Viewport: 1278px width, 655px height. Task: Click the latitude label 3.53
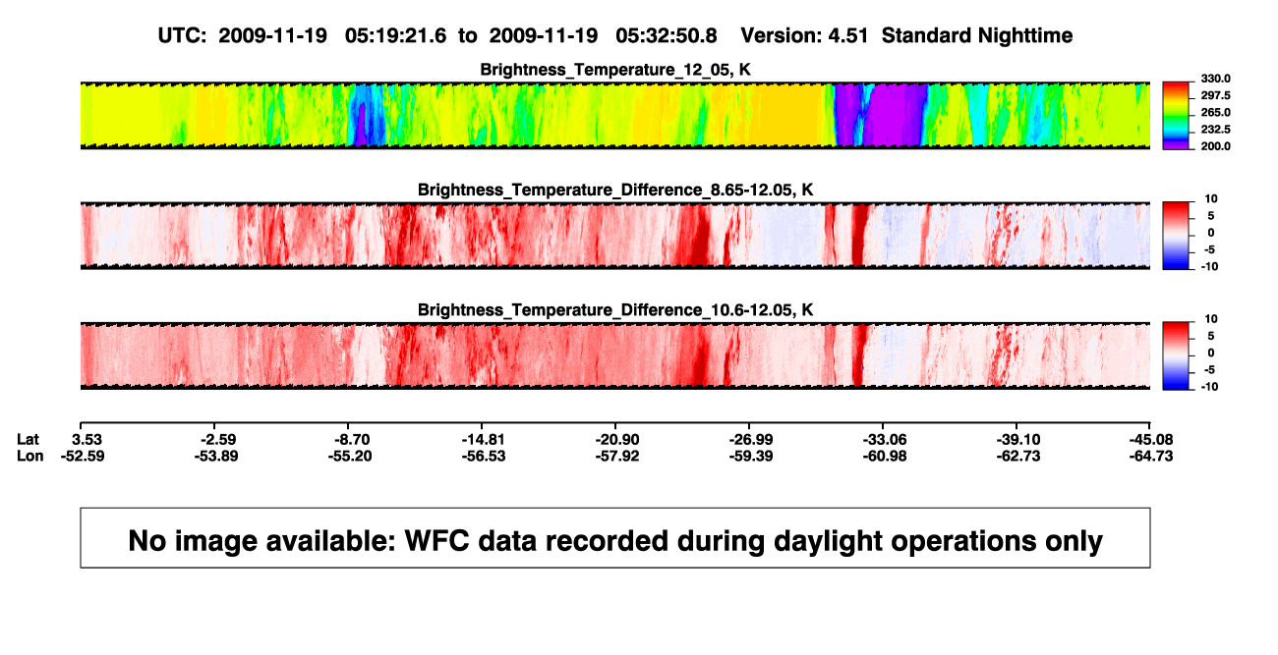coord(87,440)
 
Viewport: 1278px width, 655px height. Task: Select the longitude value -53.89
coord(216,456)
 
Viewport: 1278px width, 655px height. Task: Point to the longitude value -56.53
coord(484,456)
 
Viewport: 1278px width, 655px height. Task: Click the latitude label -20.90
coord(617,440)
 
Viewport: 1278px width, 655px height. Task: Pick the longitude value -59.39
coord(751,456)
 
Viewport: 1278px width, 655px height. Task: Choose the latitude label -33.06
coord(885,440)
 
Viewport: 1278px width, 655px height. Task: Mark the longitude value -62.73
coord(1018,456)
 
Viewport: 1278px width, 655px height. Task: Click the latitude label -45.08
coord(1151,440)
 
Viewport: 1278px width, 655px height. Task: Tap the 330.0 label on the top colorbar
coord(1215,79)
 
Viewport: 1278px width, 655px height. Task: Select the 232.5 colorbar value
coord(1215,130)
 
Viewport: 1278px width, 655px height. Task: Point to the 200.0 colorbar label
coord(1215,146)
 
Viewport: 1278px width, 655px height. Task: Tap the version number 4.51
coord(848,35)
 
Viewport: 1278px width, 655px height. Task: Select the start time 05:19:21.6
coord(395,35)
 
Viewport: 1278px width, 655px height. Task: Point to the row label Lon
coord(30,456)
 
